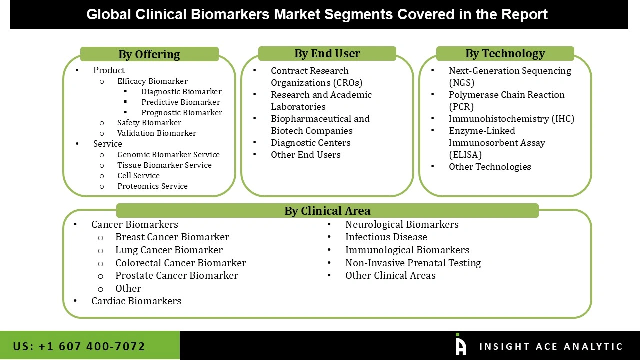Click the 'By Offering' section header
tap(149, 54)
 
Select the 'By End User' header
tap(327, 53)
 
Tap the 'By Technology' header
tap(505, 53)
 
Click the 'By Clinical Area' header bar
tap(327, 211)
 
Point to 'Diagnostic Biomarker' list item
tap(181, 92)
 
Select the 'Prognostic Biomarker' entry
tap(181, 113)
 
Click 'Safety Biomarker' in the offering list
tap(149, 123)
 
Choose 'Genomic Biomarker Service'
tap(168, 155)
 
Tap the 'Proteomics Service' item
tap(152, 186)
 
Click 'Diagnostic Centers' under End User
tap(310, 143)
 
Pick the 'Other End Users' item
tap(305, 155)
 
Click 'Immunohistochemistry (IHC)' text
tap(511, 119)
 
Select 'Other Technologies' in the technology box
tap(490, 167)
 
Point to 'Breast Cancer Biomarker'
tap(172, 237)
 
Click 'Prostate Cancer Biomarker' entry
tap(176, 275)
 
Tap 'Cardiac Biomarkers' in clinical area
tap(136, 301)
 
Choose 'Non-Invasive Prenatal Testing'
tap(413, 263)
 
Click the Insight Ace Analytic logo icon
tap(460, 345)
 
